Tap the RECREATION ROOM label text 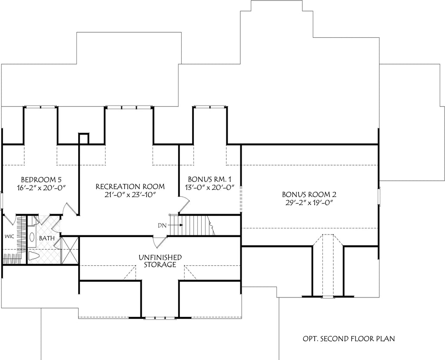pyautogui.click(x=130, y=187)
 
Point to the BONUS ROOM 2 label pyautogui.click(x=309, y=195)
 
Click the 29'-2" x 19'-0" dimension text pyautogui.click(x=309, y=203)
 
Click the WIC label pyautogui.click(x=10, y=237)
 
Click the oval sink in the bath pyautogui.click(x=32, y=238)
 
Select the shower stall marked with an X pyautogui.click(x=69, y=250)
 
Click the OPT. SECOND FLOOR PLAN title pyautogui.click(x=349, y=338)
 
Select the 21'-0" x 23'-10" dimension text pyautogui.click(x=130, y=195)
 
